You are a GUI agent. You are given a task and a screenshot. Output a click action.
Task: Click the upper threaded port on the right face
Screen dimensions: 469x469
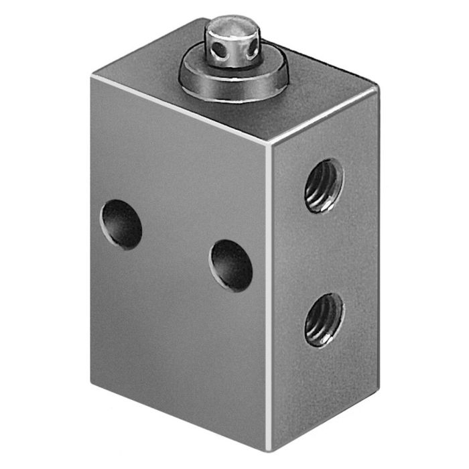(x=324, y=186)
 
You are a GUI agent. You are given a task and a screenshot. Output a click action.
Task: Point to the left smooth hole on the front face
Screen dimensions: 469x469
(x=121, y=225)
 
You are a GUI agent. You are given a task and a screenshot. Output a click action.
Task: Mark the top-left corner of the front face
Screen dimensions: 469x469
(x=92, y=76)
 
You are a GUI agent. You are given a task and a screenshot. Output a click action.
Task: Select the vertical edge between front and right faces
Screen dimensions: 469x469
(x=271, y=301)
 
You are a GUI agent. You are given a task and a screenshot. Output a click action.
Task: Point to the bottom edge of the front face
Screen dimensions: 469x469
(x=181, y=409)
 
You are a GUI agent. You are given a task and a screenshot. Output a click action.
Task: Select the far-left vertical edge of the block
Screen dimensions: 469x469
(x=92, y=221)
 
